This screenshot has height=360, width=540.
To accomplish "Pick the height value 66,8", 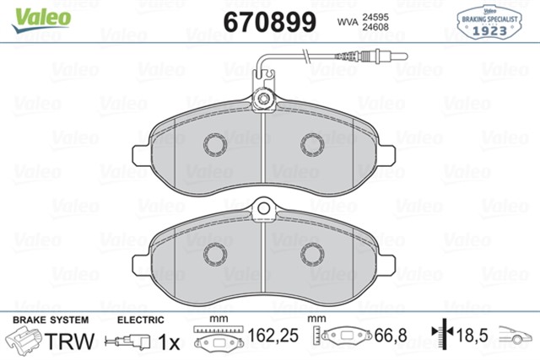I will tap(390, 337).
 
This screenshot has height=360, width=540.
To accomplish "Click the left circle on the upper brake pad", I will tap(213, 144).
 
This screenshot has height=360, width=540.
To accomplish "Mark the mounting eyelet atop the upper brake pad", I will tap(265, 102).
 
